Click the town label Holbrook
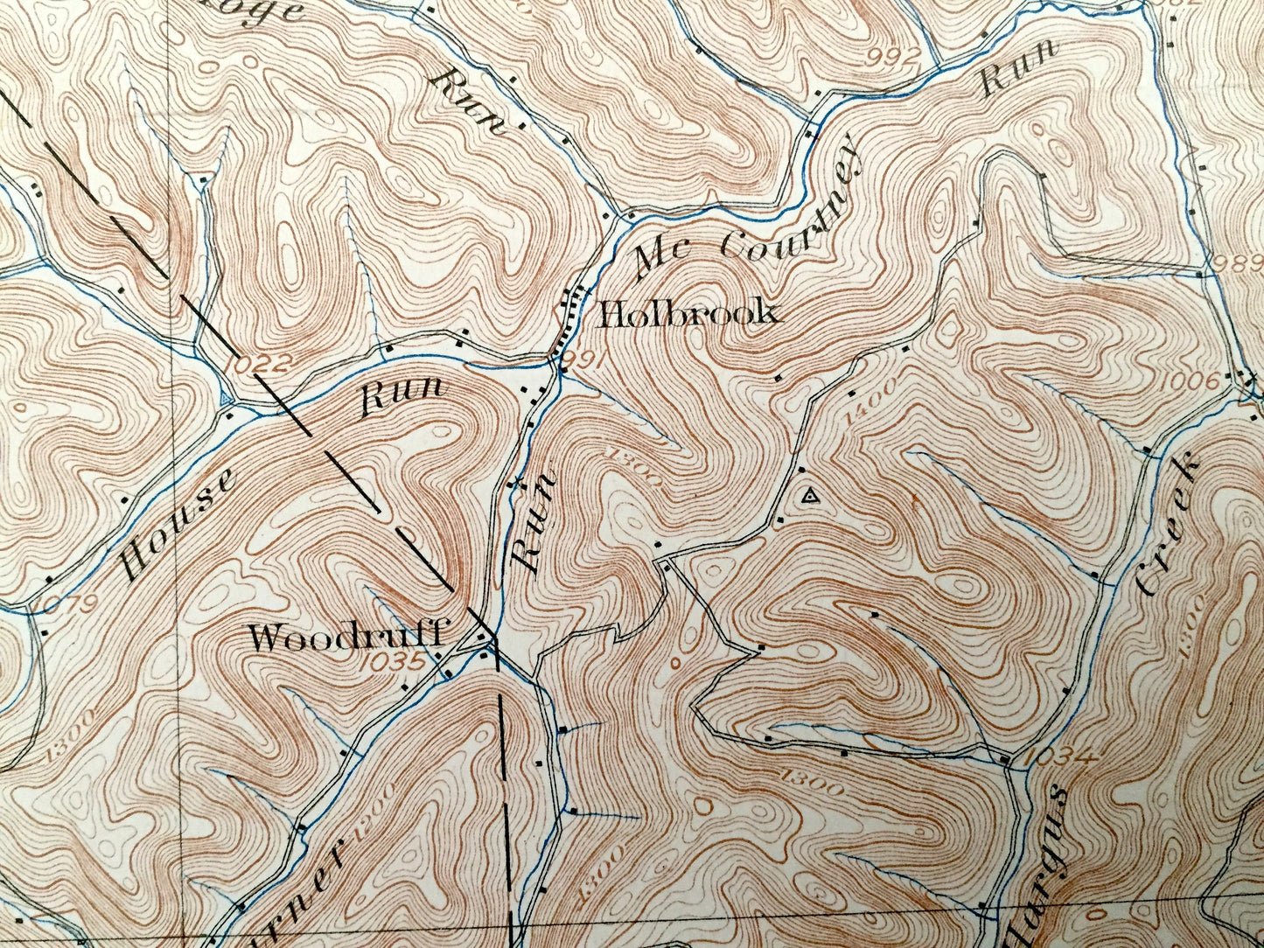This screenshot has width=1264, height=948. tap(688, 314)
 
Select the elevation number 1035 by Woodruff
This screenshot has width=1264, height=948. tap(391, 662)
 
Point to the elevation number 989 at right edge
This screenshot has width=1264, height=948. tap(1233, 262)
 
